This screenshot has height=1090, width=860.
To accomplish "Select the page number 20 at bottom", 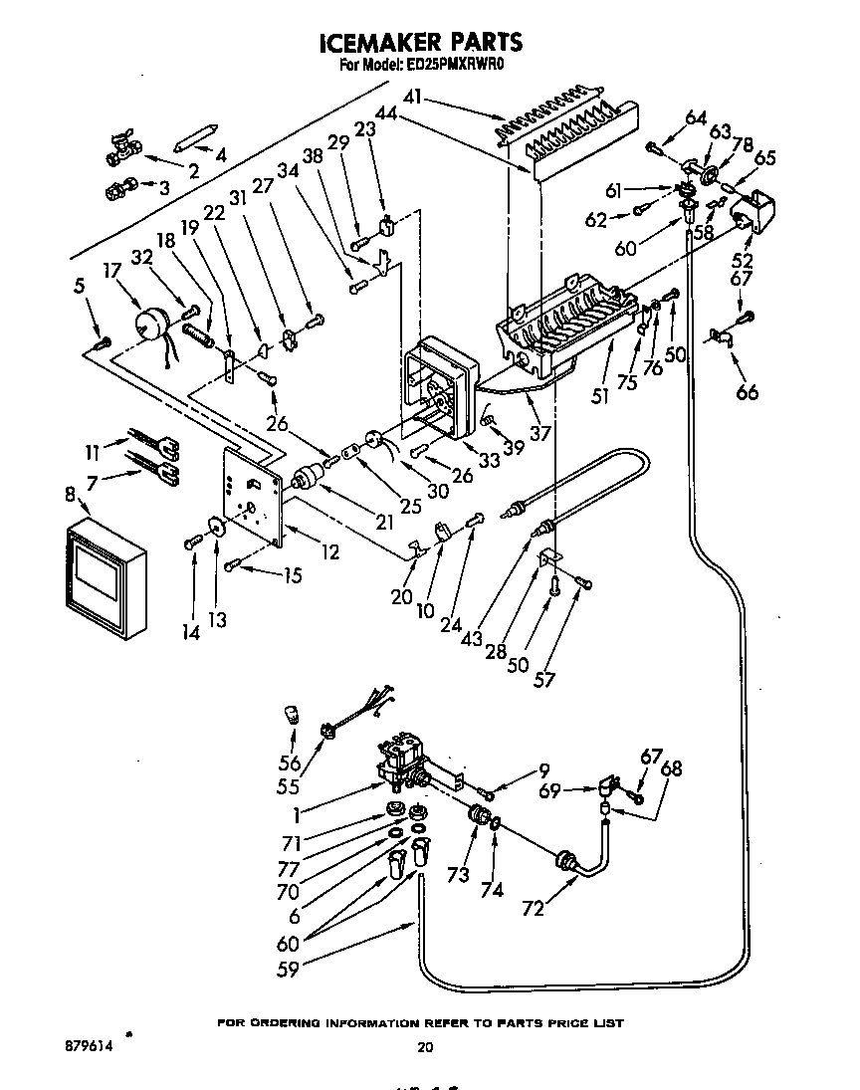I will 425,1046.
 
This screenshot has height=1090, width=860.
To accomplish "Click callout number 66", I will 747,391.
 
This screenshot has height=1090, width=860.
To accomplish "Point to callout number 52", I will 742,260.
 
